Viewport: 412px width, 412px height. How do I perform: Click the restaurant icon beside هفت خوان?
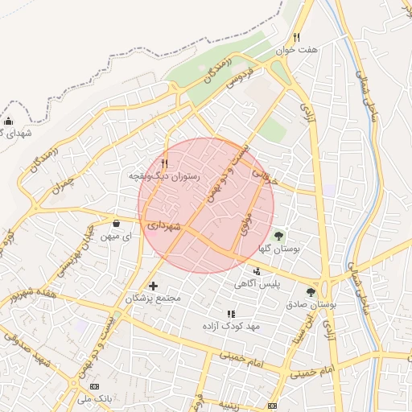tap(296, 37)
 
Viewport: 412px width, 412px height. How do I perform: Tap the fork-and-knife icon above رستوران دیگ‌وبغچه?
tap(165, 162)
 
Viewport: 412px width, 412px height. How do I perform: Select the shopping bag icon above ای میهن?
tap(117, 224)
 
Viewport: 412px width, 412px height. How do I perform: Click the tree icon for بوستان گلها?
tap(278, 236)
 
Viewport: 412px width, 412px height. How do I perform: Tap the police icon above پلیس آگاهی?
tap(257, 271)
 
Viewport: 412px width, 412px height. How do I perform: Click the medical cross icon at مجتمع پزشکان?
tap(153, 286)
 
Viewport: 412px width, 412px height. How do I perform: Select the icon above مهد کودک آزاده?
tap(231, 314)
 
